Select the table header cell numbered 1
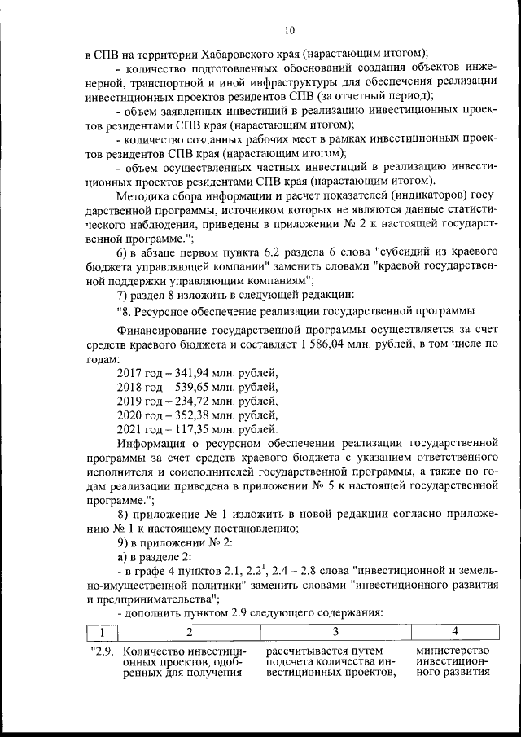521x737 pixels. click(x=102, y=631)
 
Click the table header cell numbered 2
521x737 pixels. click(x=189, y=631)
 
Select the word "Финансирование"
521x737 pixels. click(x=160, y=331)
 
